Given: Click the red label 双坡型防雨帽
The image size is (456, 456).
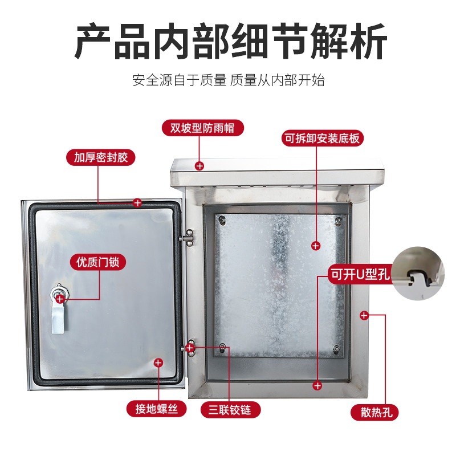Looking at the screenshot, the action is tap(202, 128).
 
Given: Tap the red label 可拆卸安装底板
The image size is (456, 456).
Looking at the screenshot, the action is tap(323, 138).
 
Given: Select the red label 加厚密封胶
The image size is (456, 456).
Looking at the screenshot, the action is tap(101, 158).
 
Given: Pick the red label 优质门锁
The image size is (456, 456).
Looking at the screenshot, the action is tap(98, 262).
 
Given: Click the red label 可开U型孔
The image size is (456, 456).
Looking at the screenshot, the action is tap(360, 274).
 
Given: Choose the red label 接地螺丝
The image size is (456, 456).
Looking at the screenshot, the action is tap(156, 409).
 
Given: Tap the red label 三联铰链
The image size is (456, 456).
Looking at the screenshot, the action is tap(230, 410).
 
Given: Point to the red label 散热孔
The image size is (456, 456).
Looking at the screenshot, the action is tap(374, 412).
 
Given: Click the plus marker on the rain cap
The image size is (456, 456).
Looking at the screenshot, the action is tap(199, 166).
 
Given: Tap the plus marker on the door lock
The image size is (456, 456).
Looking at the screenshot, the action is tap(60, 299).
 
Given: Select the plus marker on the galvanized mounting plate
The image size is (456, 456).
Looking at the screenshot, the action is tap(316, 246).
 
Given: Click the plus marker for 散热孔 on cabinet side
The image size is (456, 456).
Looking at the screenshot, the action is tap(364, 315).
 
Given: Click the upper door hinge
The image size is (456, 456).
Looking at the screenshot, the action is tap(188, 238).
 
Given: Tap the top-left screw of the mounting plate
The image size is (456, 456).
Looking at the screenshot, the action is tap(222, 220).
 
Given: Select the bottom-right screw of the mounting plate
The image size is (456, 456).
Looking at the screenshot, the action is tap(336, 349).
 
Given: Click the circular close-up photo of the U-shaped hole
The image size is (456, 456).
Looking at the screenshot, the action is tap(418, 274).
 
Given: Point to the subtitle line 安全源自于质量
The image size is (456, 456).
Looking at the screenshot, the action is tap(179, 80).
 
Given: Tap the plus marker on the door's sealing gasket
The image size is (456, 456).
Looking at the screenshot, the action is tap(137, 203).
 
